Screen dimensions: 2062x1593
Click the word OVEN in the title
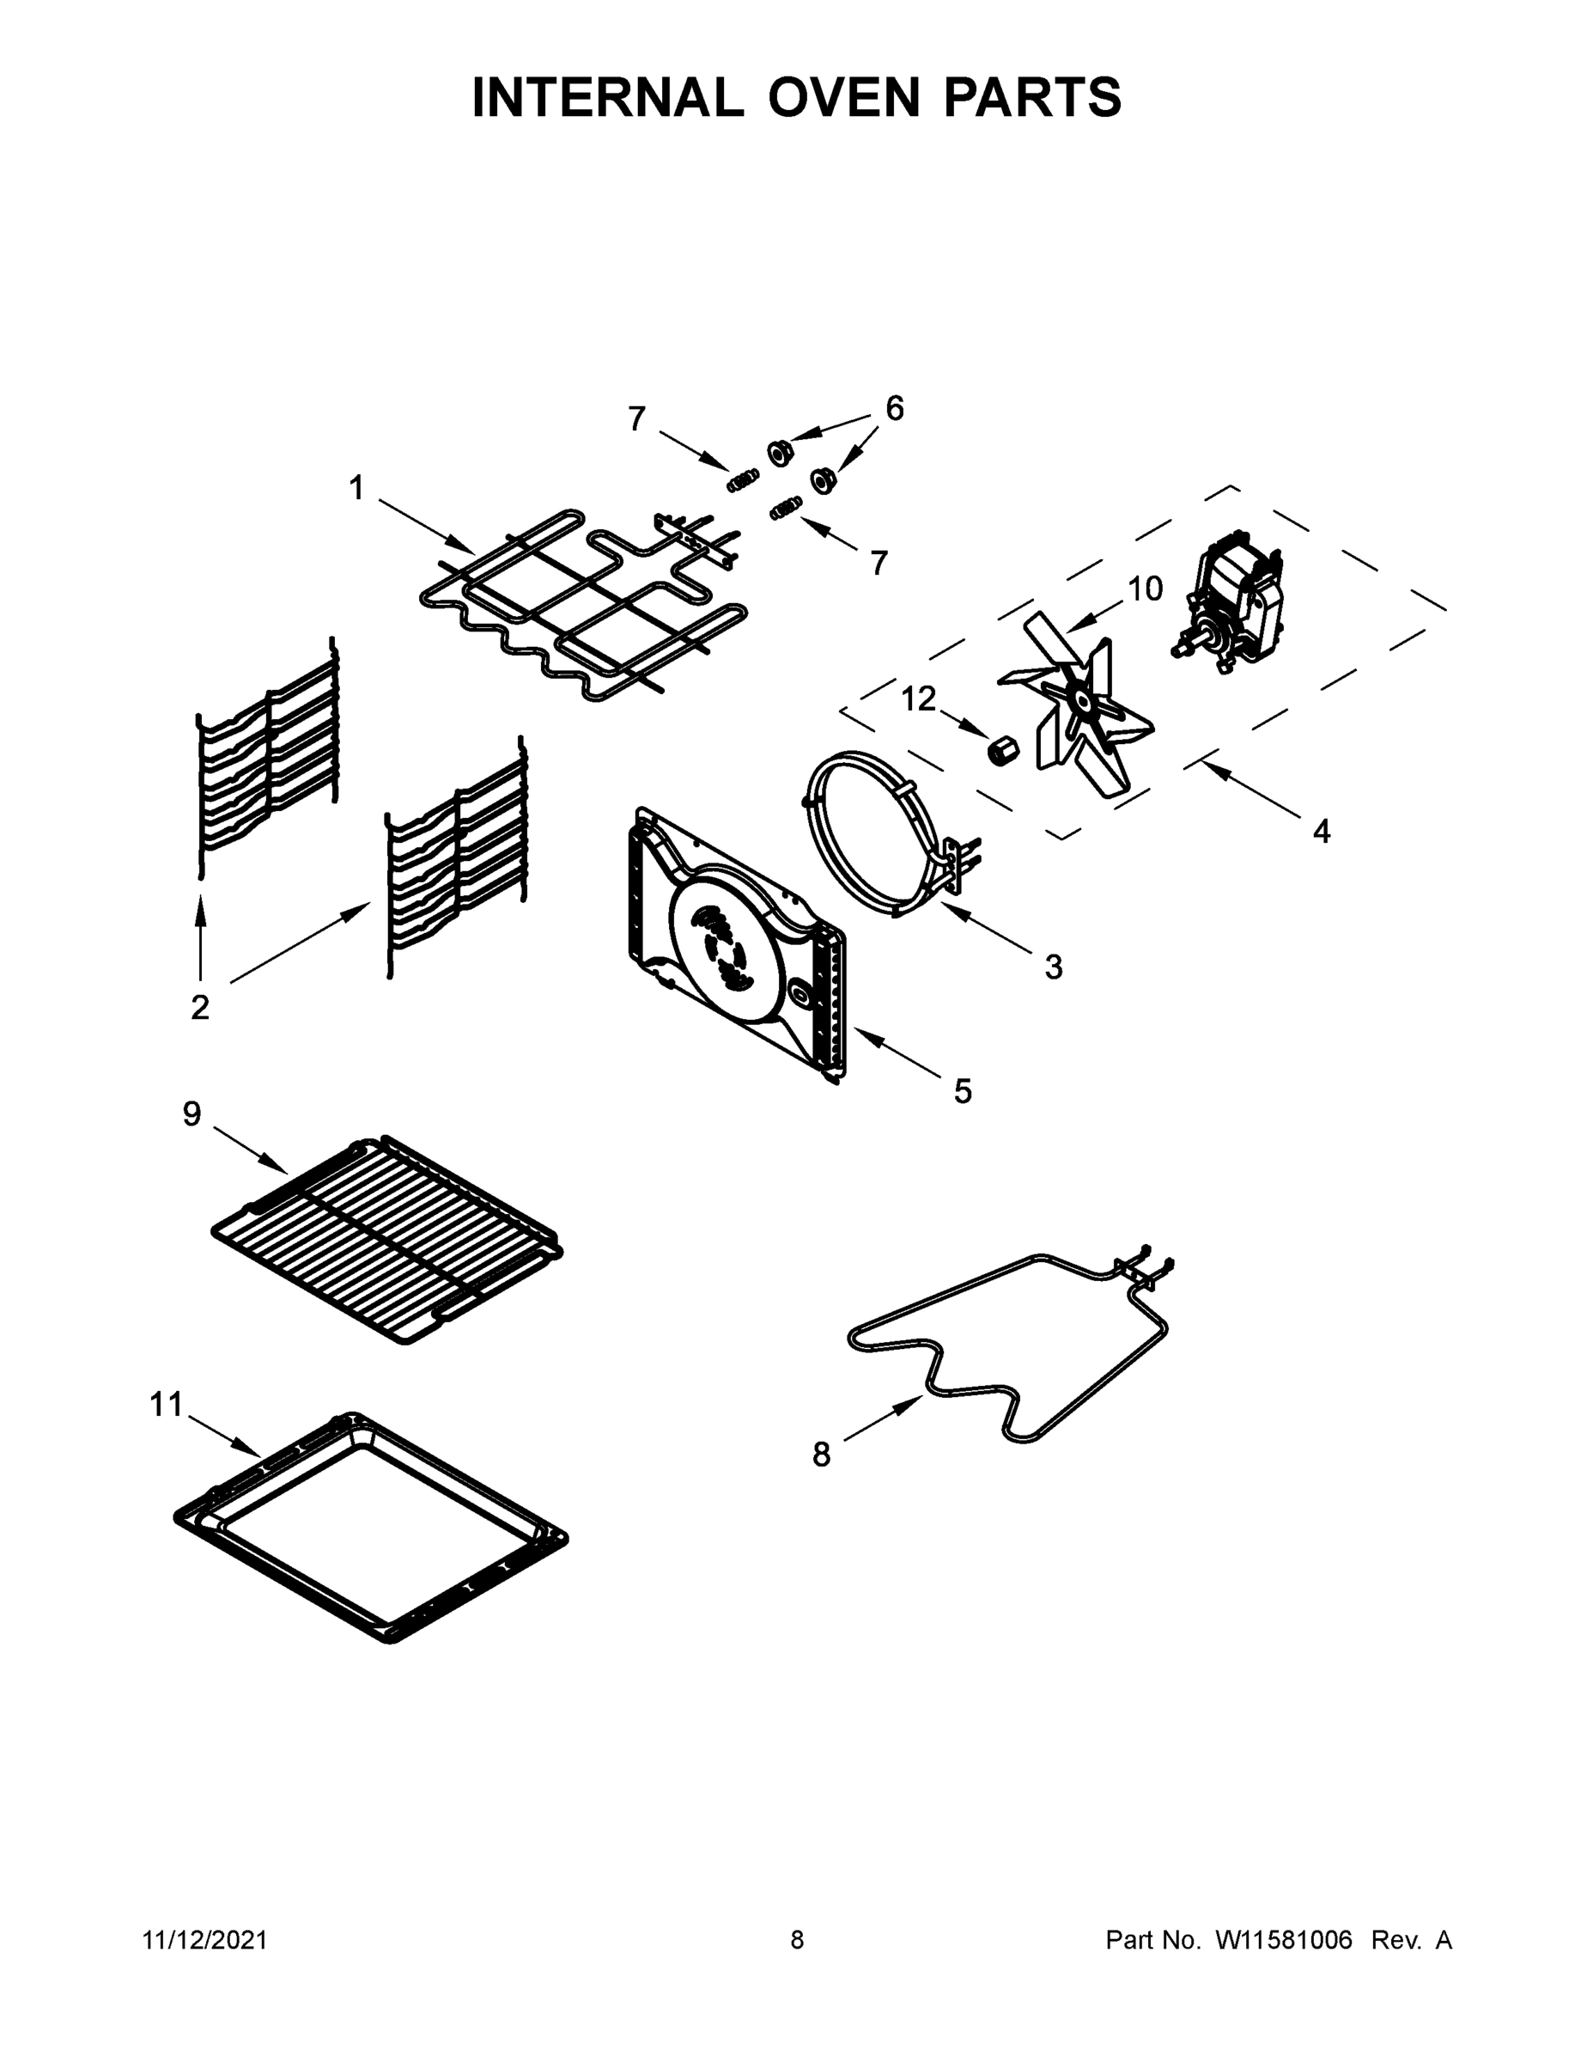(842, 97)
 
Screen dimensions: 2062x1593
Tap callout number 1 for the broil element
(356, 488)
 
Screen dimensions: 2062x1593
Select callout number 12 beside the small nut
(918, 699)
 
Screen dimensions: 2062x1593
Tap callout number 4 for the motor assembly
(1322, 832)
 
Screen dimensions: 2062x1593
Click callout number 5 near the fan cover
(962, 1091)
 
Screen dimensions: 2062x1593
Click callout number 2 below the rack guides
(200, 1008)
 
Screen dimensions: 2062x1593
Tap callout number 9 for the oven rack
(192, 1114)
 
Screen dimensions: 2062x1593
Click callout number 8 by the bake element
(821, 1455)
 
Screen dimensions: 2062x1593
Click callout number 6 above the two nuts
(894, 409)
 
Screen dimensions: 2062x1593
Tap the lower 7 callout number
(879, 564)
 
